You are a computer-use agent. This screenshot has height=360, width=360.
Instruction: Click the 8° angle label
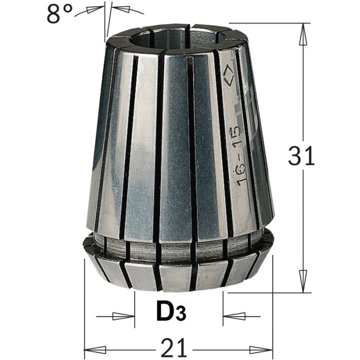(x=61, y=14)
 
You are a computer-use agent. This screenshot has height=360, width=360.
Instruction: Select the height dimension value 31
(x=301, y=156)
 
